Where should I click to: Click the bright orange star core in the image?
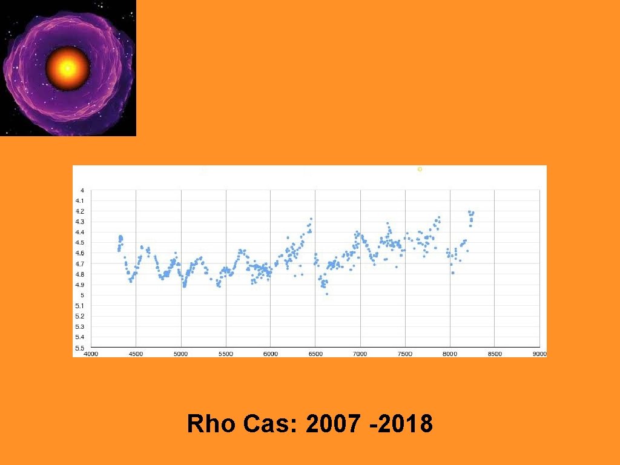coord(67,68)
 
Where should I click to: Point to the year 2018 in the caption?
coord(404,424)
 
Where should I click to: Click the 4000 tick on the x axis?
coord(90,354)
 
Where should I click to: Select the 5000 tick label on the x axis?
coord(181,354)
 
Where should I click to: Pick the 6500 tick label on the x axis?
coord(315,354)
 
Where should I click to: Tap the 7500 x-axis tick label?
coord(405,354)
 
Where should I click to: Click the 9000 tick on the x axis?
coord(539,354)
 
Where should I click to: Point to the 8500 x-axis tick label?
coord(495,354)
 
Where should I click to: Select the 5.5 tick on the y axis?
coord(80,348)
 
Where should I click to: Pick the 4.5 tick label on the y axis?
coord(80,243)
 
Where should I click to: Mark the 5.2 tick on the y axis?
coord(80,317)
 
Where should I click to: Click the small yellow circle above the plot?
coord(420,170)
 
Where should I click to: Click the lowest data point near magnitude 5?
coord(327,294)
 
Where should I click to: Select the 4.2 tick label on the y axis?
coord(80,211)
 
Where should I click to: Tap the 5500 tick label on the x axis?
coord(226,354)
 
